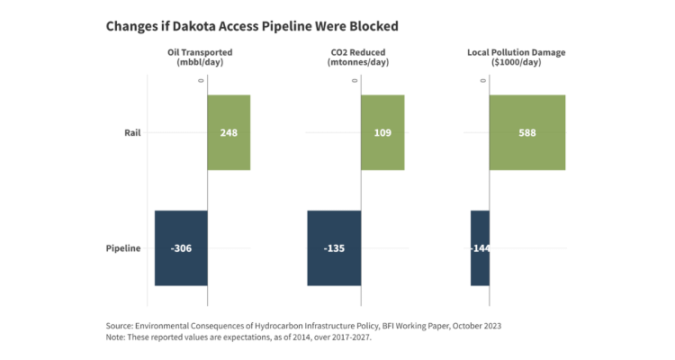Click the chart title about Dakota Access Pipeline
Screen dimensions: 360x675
coord(252,25)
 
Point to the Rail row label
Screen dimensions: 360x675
coord(132,132)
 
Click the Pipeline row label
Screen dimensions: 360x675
coord(123,248)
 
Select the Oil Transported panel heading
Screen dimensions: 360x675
coord(200,58)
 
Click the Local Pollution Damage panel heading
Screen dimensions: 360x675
coord(516,58)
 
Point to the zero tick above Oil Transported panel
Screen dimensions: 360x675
coord(202,81)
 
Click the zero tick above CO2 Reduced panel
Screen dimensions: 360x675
coord(355,81)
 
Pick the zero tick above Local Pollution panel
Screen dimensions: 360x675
coord(483,81)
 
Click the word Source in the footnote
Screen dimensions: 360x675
coord(120,324)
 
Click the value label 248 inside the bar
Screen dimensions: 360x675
coord(229,132)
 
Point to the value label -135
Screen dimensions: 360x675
coord(334,248)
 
